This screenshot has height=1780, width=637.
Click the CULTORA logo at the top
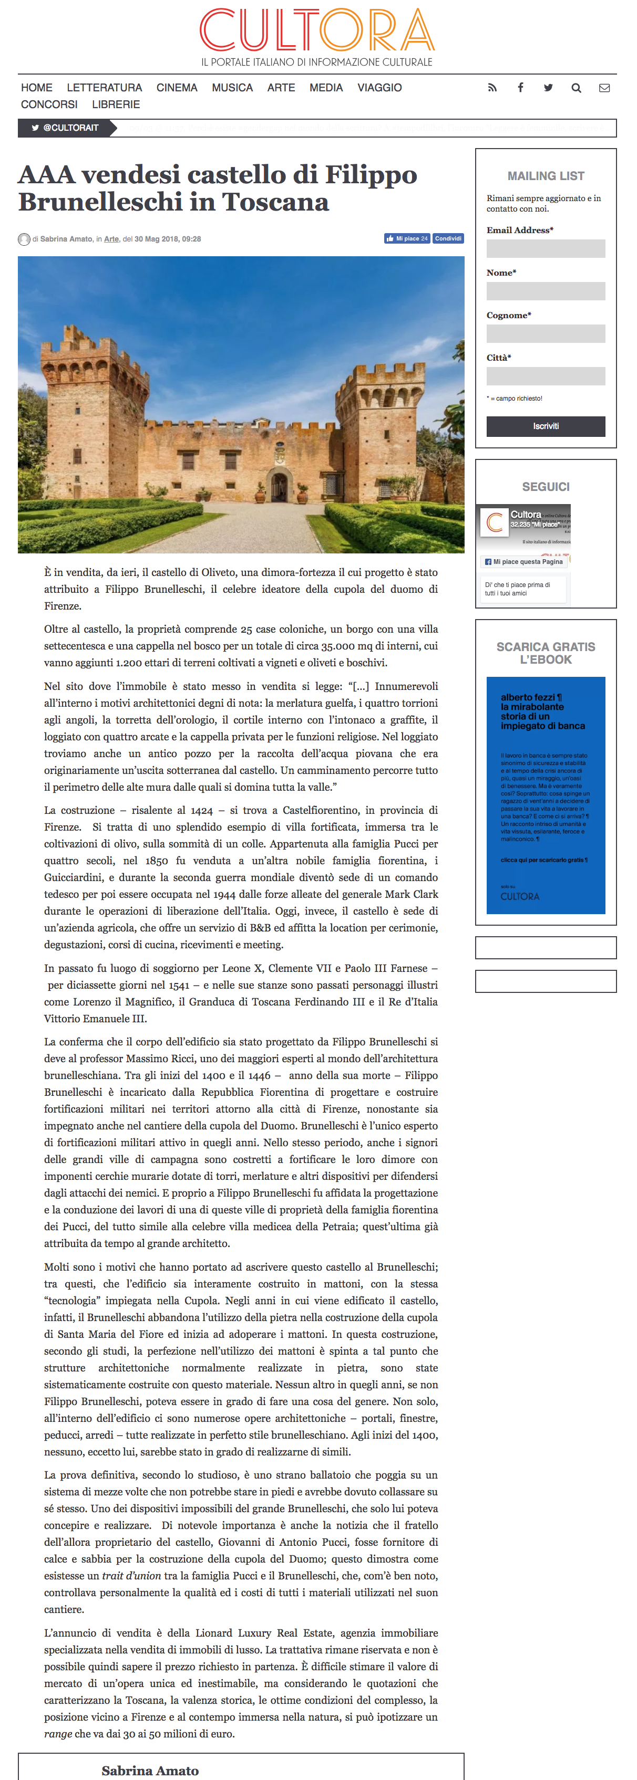317,31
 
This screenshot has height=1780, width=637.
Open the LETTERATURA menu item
105,88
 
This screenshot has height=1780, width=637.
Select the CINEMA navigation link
177,88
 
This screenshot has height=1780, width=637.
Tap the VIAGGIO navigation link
379,88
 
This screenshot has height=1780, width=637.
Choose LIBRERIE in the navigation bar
116,104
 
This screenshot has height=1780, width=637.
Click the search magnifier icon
576,88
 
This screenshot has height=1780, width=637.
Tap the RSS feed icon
492,88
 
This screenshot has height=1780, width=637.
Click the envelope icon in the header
604,88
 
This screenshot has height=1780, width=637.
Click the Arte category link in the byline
111,239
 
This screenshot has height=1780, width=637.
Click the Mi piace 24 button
407,238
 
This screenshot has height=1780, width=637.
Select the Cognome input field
545,334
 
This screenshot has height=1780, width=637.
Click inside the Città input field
545,376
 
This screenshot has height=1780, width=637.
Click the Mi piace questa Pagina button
523,562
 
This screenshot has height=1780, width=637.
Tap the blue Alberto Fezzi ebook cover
545,794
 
